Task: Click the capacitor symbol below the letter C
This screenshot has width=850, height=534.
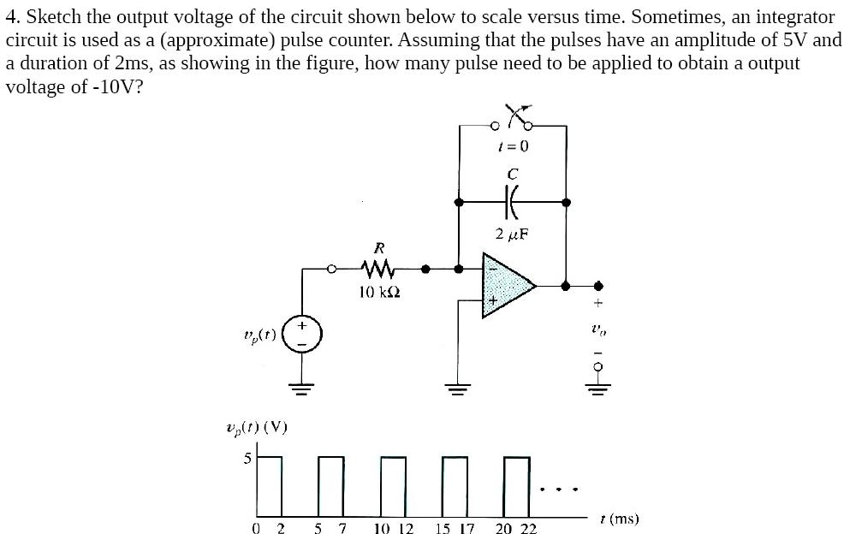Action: tap(513, 203)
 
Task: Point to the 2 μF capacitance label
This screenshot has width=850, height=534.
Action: tap(513, 234)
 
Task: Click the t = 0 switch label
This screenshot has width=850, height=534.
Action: tap(513, 145)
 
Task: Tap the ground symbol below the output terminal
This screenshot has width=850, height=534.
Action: tap(598, 383)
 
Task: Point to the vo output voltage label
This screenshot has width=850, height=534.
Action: tap(598, 328)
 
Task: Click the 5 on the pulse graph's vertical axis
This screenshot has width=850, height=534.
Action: tap(247, 459)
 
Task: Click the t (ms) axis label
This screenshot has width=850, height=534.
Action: tap(620, 518)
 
